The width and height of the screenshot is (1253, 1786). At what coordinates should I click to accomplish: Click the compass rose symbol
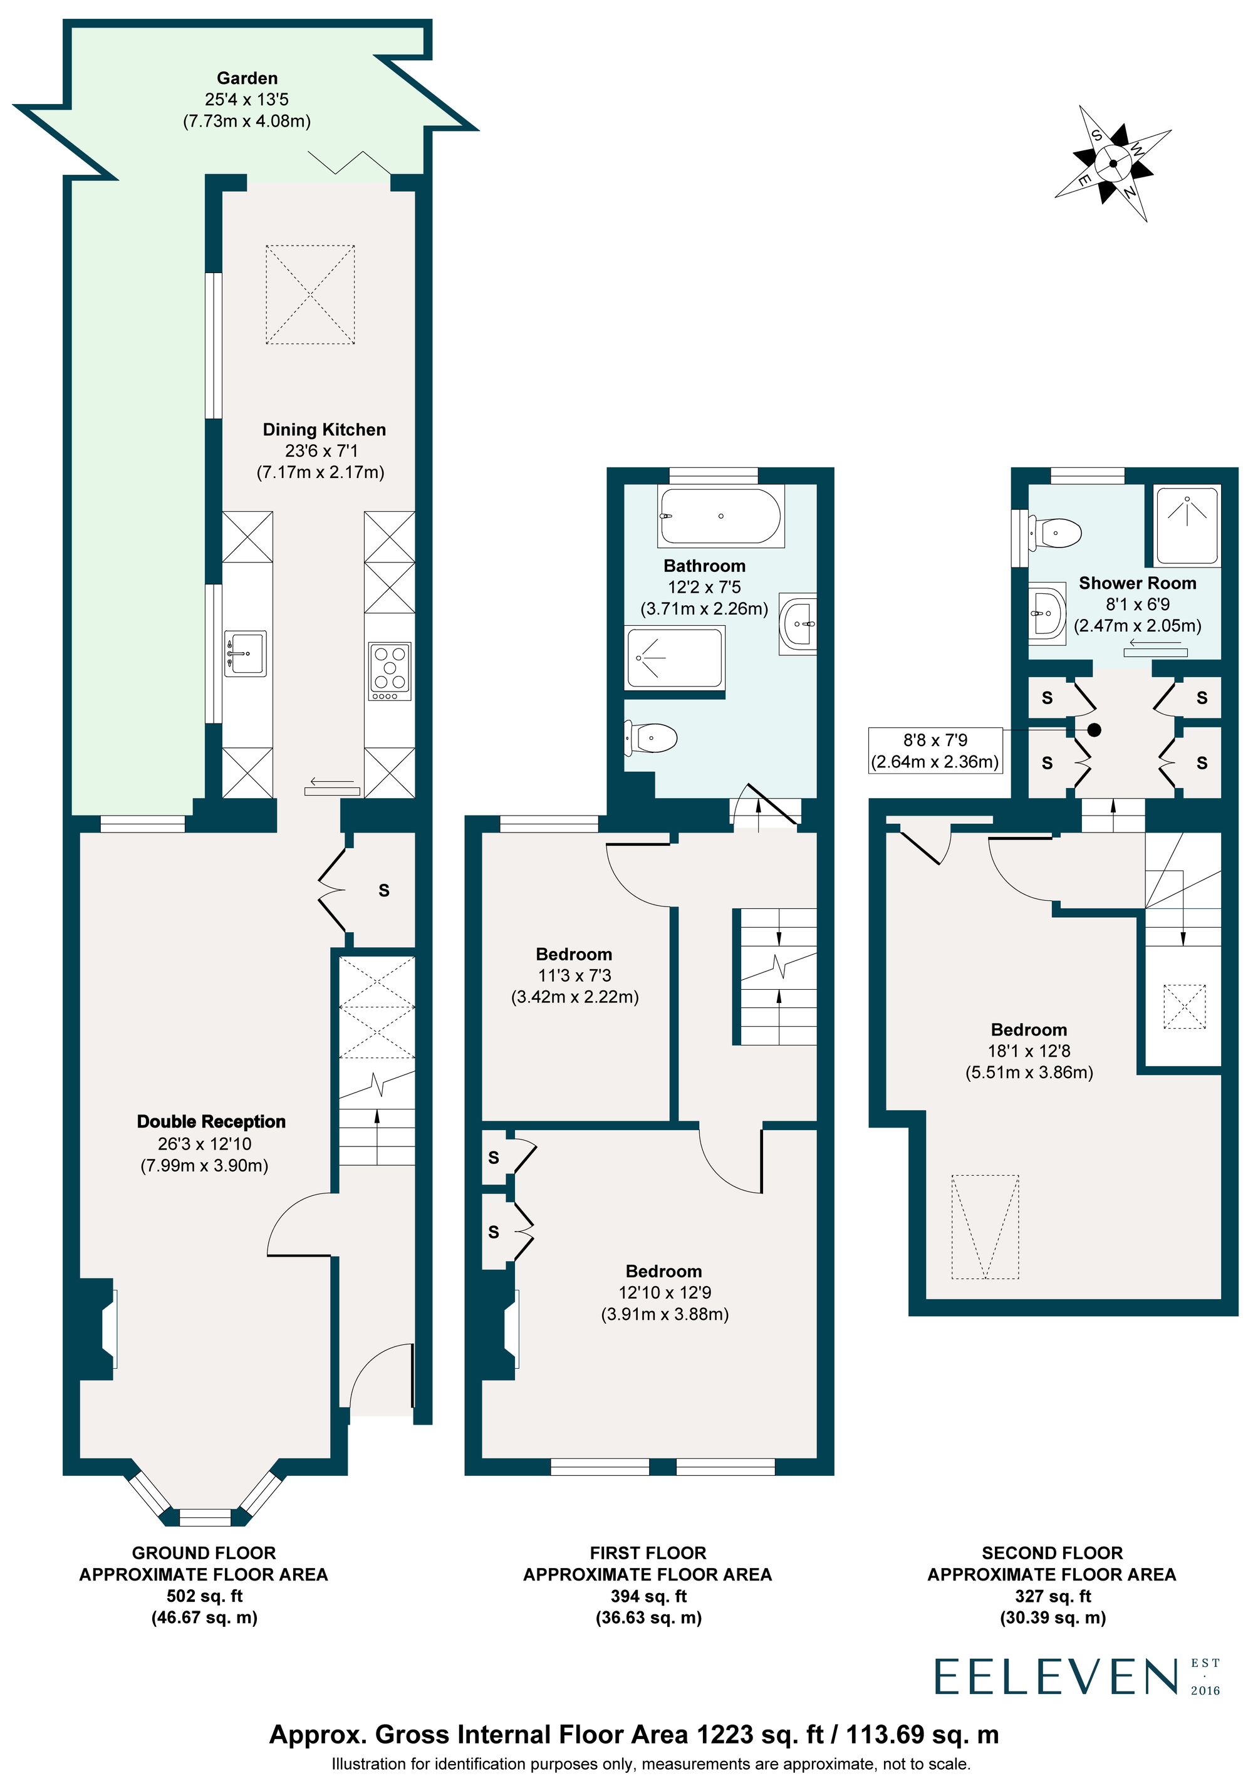coord(1113,164)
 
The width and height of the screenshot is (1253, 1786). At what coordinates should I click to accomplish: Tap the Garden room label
coord(247,78)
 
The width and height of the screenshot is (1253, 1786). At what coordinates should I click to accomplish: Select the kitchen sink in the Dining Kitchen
coord(245,653)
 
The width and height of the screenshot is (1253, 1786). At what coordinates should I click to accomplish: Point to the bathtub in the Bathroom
coord(720,516)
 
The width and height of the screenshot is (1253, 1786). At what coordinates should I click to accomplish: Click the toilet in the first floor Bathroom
coord(651,737)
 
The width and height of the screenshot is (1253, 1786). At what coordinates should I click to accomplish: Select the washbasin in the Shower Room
coord(1046,612)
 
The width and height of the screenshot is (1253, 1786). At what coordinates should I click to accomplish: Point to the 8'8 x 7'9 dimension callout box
coord(935,750)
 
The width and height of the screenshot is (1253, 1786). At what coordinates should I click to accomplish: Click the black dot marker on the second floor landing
coord(1094,730)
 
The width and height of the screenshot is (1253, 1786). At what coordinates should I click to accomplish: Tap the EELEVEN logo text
coord(1056,1677)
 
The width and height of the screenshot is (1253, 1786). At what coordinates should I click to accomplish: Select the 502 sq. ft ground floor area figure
coord(205,1596)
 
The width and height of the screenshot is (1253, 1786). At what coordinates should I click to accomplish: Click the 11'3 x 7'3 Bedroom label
coord(574,975)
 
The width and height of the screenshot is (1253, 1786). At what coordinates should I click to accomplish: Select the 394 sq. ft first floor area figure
coord(648,1596)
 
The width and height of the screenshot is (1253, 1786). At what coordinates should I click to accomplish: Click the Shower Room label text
coord(1137,583)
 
